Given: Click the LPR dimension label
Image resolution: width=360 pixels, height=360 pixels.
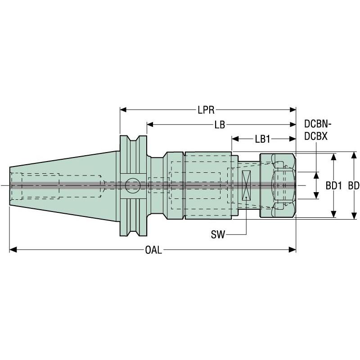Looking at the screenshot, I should (x=206, y=109).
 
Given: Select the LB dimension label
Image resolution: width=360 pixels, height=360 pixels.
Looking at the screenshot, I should (x=220, y=125).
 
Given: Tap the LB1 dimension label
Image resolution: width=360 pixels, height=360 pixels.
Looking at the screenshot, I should (x=262, y=139).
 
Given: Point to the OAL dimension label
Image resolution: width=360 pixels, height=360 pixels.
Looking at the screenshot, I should (x=153, y=250).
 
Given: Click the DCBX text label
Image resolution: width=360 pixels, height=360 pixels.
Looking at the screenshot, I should (x=316, y=135).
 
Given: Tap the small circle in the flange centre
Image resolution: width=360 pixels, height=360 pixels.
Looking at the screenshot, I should (x=133, y=184).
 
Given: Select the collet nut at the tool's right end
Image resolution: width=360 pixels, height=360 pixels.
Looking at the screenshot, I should (x=278, y=184).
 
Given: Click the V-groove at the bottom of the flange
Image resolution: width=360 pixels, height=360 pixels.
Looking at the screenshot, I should (x=133, y=227).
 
